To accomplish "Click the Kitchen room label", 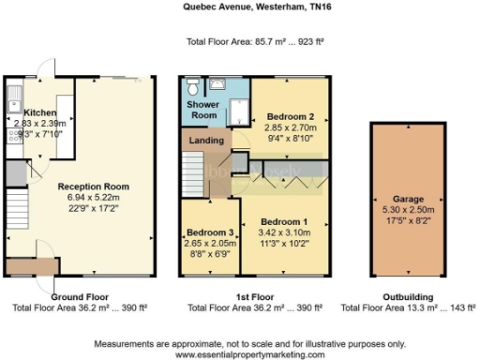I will tap(39, 112).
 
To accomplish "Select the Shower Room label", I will tap(202, 109).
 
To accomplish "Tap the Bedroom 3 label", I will tap(209, 232).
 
